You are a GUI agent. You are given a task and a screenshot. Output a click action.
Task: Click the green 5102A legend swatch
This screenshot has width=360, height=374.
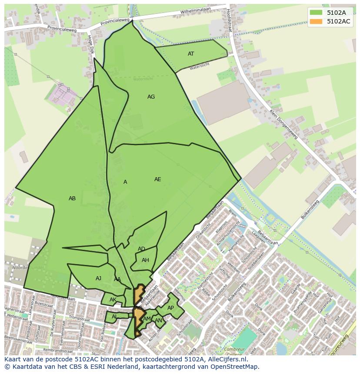[x=316, y=12]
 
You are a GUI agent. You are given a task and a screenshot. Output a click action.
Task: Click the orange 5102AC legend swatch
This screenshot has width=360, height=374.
[x=316, y=21]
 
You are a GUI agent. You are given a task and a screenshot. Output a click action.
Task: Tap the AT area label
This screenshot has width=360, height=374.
[x=191, y=54]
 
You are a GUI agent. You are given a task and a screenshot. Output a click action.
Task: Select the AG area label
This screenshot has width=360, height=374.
[x=151, y=97]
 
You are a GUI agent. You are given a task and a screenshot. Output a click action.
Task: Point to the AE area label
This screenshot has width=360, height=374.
[x=157, y=179]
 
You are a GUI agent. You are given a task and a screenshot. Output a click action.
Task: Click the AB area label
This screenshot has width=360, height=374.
[x=72, y=199]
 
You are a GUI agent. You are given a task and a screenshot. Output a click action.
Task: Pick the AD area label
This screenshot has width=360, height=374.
[x=141, y=249]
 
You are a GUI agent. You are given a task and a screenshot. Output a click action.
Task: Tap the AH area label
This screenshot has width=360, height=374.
[x=145, y=260]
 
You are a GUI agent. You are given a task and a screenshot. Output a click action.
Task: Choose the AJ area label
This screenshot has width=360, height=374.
[x=98, y=278]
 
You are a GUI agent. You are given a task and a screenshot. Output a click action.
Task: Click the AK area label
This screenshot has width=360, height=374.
[x=113, y=300]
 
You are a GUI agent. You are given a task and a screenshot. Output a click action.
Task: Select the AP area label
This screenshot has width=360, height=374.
[x=170, y=308]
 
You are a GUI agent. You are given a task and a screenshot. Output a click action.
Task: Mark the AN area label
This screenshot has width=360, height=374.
[x=158, y=321]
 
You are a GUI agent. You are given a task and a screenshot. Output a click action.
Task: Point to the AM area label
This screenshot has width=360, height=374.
[x=147, y=319]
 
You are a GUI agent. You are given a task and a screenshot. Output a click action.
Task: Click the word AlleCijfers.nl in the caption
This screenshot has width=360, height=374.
[x=226, y=359]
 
